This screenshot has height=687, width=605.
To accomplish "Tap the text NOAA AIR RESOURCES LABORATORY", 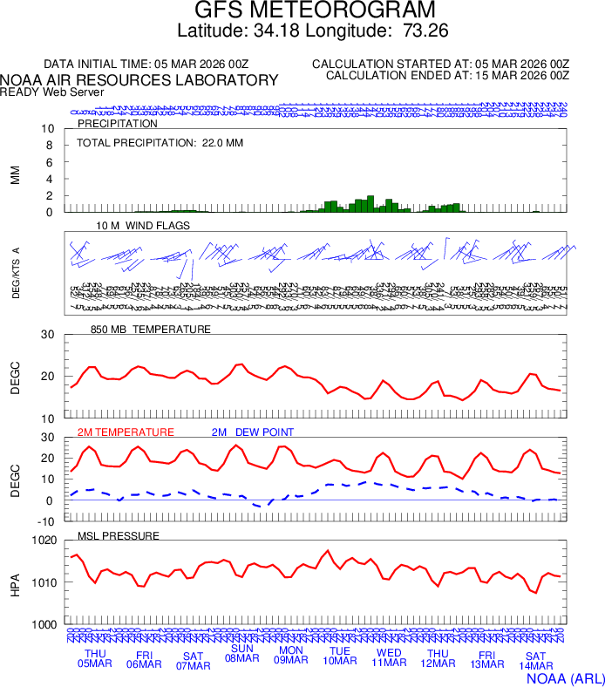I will click(139, 80).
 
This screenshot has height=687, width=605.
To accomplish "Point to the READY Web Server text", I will click(52, 92).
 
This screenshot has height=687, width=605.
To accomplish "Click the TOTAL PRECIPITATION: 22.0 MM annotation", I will click(160, 142).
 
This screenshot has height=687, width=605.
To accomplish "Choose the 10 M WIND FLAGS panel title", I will click(143, 225).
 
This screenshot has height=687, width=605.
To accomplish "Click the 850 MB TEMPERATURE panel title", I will click(151, 330).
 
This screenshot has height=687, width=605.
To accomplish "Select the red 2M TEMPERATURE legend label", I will click(126, 432).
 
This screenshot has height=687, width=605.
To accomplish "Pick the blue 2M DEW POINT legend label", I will click(253, 432).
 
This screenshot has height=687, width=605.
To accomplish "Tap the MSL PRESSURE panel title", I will click(119, 535).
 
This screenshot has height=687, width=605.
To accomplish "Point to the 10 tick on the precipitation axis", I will click(49, 129).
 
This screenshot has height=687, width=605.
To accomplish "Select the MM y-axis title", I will click(15, 174).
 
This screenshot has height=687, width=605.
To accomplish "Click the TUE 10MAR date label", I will click(340, 656).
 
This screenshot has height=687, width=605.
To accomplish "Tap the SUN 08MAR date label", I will click(241, 653).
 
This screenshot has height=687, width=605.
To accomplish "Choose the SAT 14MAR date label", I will click(535, 661).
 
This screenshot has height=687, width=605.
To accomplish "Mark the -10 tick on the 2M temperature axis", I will click(47, 520).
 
